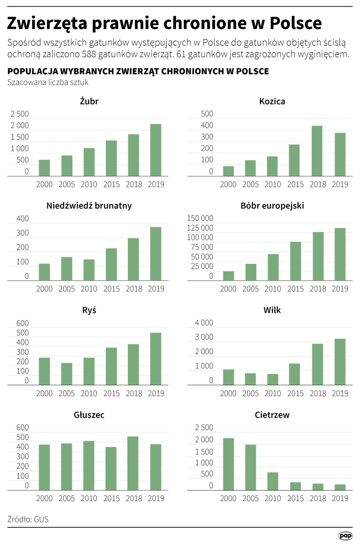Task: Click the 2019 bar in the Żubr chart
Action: coord(155,150)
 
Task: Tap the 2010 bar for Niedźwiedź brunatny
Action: coord(89,270)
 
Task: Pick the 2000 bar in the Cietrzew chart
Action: coord(228,464)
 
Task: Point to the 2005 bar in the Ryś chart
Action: coord(67,374)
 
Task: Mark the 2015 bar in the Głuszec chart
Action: coord(111,468)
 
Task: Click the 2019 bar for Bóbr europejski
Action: coord(340,254)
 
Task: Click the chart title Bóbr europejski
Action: coord(272,206)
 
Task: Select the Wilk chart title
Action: coord(272,310)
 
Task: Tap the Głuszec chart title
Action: coord(89,415)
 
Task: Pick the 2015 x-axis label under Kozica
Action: coord(295,184)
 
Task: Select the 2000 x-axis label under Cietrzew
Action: coord(228,498)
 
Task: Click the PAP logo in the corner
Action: coord(346,536)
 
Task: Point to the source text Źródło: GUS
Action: coord(28,519)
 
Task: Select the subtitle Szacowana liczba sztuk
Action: coord(45,82)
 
